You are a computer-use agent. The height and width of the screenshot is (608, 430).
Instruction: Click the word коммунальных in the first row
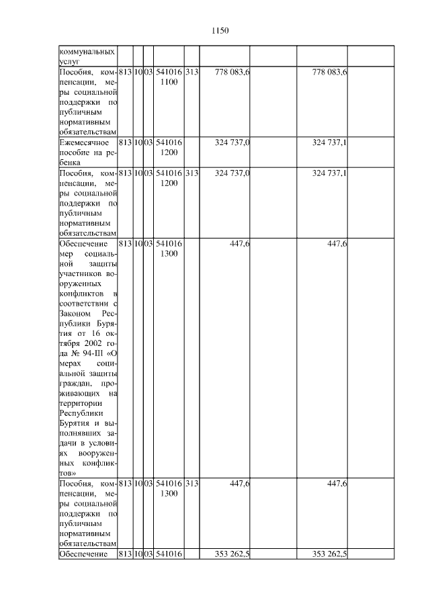pyautogui.click(x=87, y=52)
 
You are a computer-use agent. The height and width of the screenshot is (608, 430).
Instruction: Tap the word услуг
pyautogui.click(x=70, y=62)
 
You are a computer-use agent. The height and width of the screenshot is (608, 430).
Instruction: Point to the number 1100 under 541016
pyautogui.click(x=169, y=82)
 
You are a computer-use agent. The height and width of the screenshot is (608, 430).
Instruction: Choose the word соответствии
pyautogui.click(x=84, y=303)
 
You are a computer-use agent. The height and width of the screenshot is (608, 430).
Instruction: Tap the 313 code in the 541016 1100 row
pyautogui.click(x=191, y=72)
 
